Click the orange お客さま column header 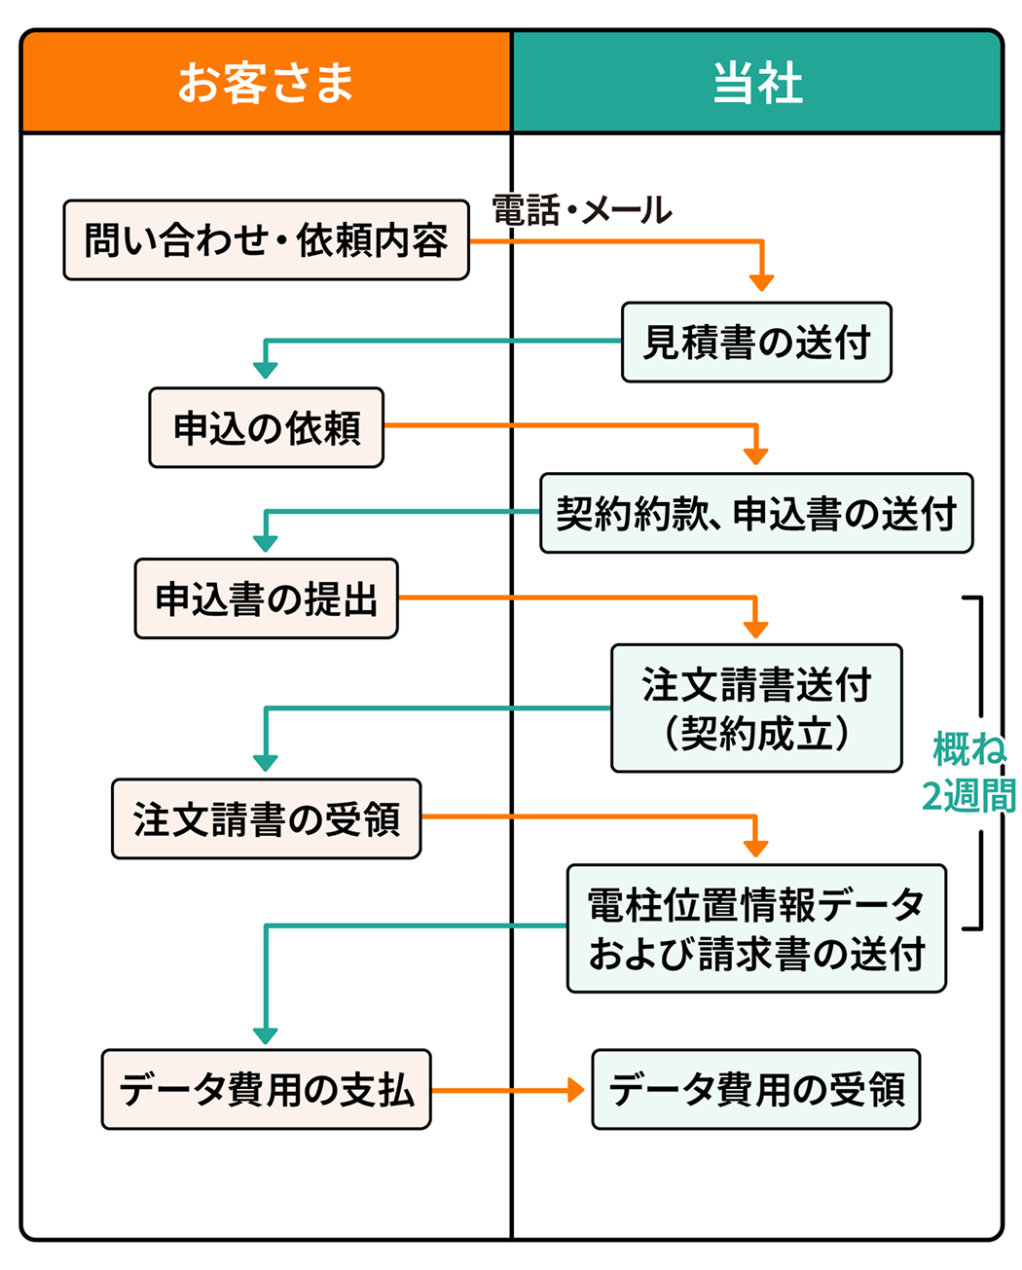266,82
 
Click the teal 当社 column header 757,82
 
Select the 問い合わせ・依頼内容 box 266,240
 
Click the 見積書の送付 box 756,343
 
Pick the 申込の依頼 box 266,428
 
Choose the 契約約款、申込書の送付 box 756,514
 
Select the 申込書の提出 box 266,599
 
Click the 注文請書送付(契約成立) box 756,708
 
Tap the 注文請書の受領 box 266,819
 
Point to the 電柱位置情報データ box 756,928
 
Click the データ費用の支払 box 266,1089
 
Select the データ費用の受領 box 756,1089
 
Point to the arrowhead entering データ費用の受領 575,1090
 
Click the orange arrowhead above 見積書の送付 761,282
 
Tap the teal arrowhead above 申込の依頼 266,370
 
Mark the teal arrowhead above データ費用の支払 266,1036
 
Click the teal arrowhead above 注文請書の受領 266,763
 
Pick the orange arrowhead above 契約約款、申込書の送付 756,456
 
